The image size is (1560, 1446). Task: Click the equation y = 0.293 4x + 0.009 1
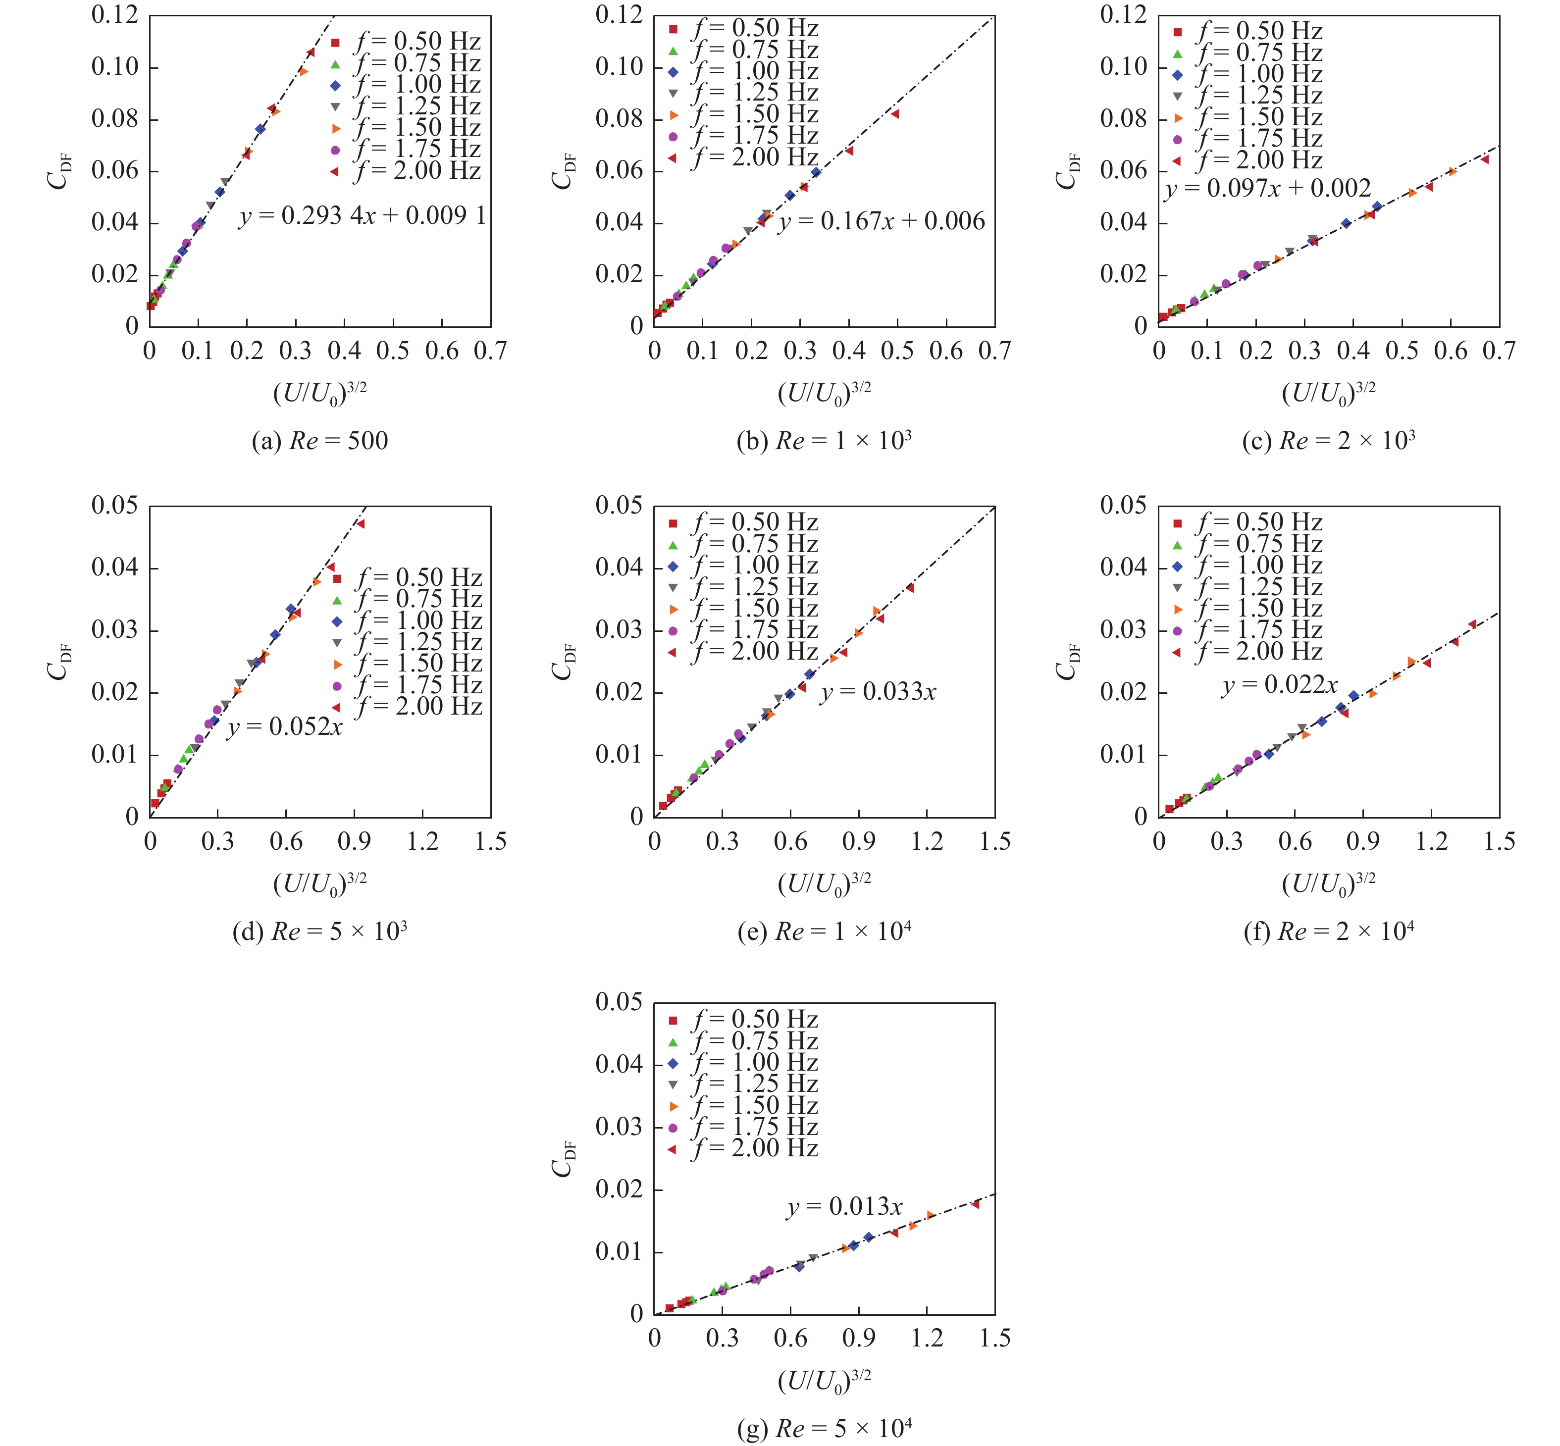[362, 216]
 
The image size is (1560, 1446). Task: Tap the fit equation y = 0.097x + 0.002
[1267, 189]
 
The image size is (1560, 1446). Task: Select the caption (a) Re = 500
[319, 441]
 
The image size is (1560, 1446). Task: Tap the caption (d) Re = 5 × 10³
[319, 931]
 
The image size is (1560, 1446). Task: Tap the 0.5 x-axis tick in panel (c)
[1401, 351]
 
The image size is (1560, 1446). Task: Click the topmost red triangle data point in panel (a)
[311, 52]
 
